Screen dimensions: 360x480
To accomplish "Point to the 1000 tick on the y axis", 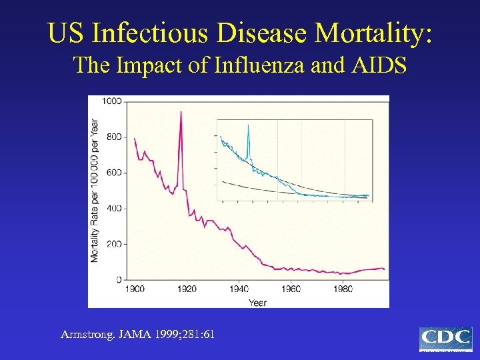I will pyautogui.click(x=111, y=101).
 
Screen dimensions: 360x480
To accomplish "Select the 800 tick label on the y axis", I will pyautogui.click(x=113, y=137).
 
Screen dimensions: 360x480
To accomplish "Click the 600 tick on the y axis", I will pyautogui.click(x=113, y=173).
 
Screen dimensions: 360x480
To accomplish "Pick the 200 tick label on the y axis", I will pyautogui.click(x=113, y=244).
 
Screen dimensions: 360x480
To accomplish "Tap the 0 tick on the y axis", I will pyautogui.click(x=119, y=279).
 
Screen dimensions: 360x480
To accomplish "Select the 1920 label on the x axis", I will pyautogui.click(x=187, y=289).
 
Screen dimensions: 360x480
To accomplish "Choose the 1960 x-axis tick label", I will pyautogui.click(x=291, y=289).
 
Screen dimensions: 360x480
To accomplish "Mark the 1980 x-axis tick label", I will pyautogui.click(x=343, y=289).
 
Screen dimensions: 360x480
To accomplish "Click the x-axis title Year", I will pyautogui.click(x=258, y=303).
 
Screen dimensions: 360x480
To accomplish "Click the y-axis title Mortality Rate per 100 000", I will pyautogui.click(x=95, y=190).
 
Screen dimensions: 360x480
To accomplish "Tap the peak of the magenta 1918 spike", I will pyautogui.click(x=181, y=111).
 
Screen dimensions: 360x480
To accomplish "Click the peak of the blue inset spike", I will pyautogui.click(x=249, y=125).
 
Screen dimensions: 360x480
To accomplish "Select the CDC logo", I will pyautogui.click(x=445, y=339).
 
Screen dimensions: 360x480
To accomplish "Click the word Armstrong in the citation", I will pyautogui.click(x=87, y=334).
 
